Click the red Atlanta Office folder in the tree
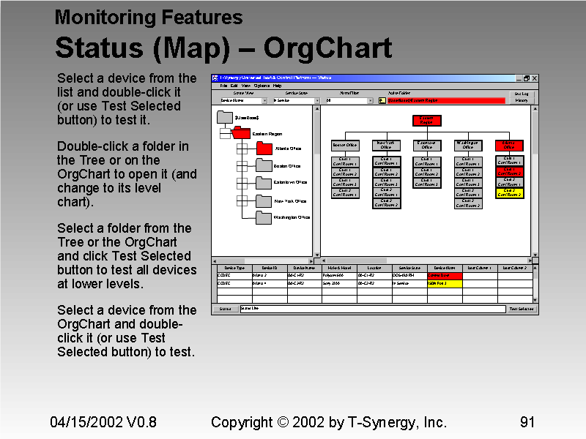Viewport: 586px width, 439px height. click(x=264, y=149)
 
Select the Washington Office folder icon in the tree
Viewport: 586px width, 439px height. click(x=264, y=217)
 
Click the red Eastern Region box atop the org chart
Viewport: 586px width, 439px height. click(x=426, y=121)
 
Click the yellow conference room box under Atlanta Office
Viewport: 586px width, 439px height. click(x=509, y=192)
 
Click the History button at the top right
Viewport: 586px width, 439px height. click(x=522, y=100)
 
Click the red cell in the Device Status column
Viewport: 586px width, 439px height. click(x=445, y=276)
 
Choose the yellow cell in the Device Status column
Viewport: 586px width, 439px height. click(x=445, y=283)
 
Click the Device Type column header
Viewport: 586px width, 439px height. click(x=234, y=269)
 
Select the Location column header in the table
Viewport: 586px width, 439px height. click(x=374, y=269)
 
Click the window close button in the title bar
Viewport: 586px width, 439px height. click(x=535, y=78)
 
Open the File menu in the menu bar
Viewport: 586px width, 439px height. click(x=224, y=86)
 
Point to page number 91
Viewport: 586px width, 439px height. click(x=527, y=422)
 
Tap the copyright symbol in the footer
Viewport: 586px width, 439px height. click(x=283, y=422)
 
